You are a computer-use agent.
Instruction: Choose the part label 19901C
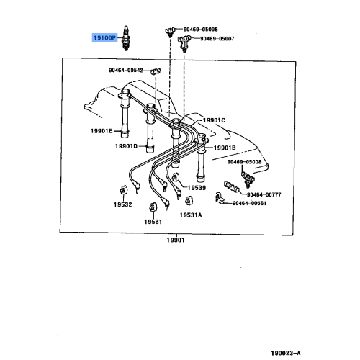pos(214,120)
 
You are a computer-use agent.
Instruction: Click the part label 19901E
pos(102,131)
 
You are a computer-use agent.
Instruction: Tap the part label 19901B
pos(224,148)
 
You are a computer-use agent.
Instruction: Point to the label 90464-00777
pos(264,194)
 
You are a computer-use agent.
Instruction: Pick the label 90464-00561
pos(249,204)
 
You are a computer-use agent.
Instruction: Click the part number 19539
pos(197,188)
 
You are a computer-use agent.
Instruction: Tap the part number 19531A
pos(191,215)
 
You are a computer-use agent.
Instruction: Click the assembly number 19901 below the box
pos(174,240)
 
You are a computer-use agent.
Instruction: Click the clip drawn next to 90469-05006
pos(170,30)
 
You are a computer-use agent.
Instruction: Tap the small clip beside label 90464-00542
pos(153,71)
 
